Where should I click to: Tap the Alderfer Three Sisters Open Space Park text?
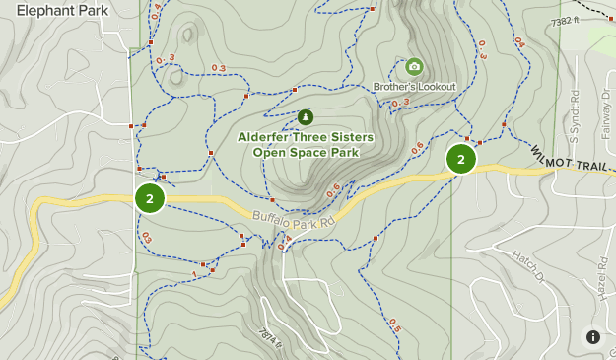[305, 144]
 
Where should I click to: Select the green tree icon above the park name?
[305, 117]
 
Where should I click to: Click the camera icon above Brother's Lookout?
[414, 67]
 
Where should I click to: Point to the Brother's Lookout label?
[414, 87]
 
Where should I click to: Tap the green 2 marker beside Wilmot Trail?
[460, 159]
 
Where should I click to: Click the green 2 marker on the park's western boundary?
[149, 198]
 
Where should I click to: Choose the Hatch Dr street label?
[527, 265]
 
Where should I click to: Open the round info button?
[593, 336]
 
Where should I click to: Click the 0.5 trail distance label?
[394, 324]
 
